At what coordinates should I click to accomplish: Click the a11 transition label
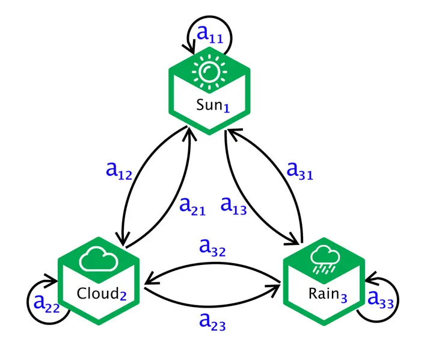pyautogui.click(x=210, y=37)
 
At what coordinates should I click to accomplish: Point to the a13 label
pyautogui.click(x=233, y=206)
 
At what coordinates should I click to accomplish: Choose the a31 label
pyautogui.click(x=300, y=172)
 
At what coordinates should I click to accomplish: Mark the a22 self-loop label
pyautogui.click(x=46, y=303)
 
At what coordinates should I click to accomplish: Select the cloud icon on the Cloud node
pyautogui.click(x=99, y=261)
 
